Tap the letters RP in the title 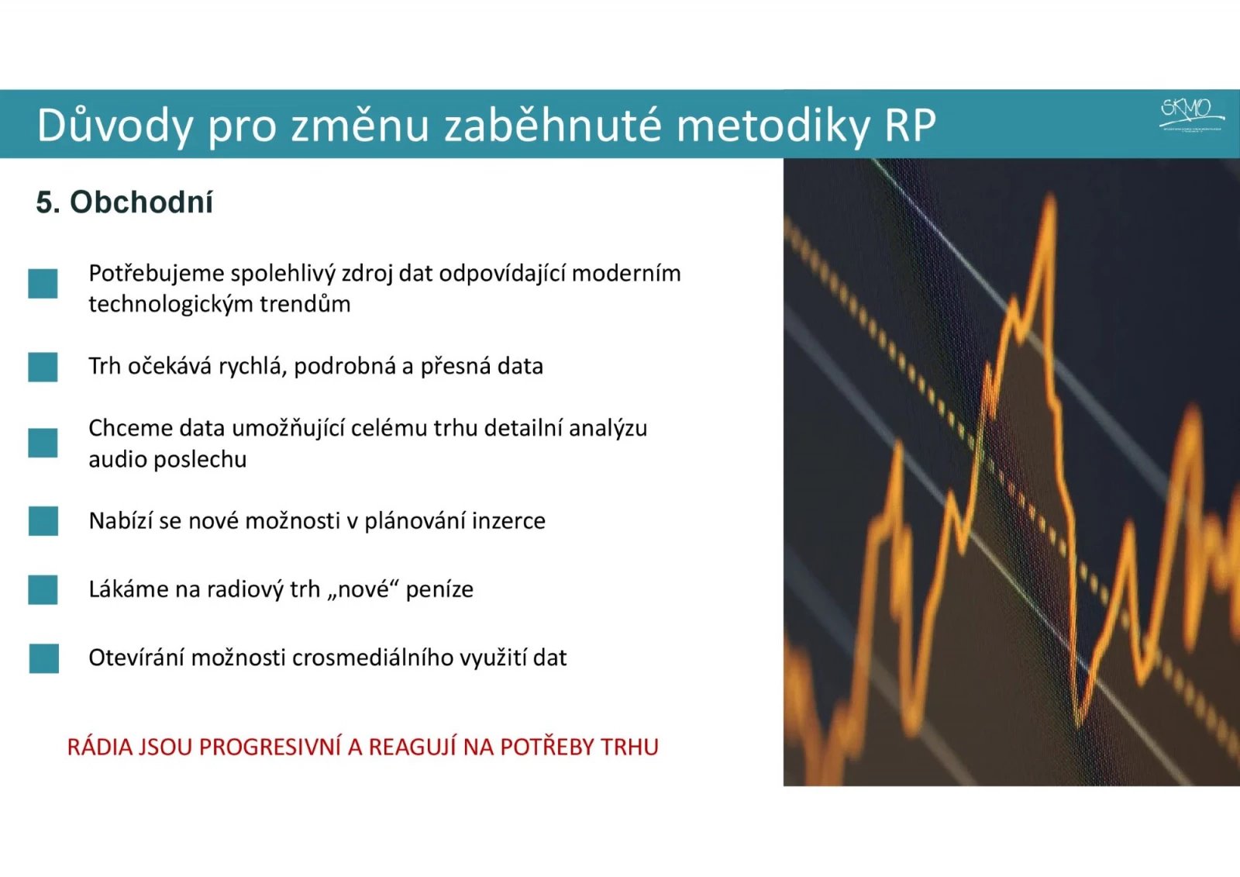[x=909, y=125]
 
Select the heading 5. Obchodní [x=124, y=202]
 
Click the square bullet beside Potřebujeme [x=43, y=284]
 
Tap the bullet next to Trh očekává [x=43, y=367]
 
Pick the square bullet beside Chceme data [x=43, y=443]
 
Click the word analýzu [x=608, y=428]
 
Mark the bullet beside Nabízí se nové [x=43, y=521]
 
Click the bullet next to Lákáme [x=43, y=589]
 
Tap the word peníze [x=439, y=589]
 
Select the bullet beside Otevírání [x=43, y=658]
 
